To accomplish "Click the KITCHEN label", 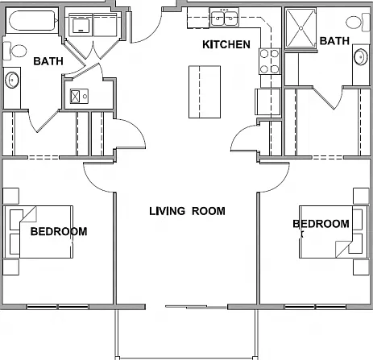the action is (x=226, y=44).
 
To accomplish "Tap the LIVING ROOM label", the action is (x=187, y=211).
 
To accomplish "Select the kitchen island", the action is (x=205, y=92).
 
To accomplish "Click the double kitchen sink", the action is (x=224, y=18).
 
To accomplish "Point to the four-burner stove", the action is (x=269, y=61).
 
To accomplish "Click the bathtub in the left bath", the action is (x=32, y=21).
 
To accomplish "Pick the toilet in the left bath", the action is (x=15, y=51).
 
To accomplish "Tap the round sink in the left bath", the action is (x=12, y=80).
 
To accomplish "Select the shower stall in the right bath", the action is (x=300, y=28).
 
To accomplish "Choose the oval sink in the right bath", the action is (x=361, y=56).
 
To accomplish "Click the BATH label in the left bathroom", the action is (x=48, y=61).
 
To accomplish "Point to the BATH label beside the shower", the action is (x=334, y=41).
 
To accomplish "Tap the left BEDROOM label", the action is (x=59, y=231).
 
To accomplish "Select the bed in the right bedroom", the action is (x=334, y=232).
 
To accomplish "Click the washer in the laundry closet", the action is (x=81, y=25).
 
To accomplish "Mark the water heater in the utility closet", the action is (x=79, y=96).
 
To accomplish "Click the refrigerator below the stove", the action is (x=267, y=101).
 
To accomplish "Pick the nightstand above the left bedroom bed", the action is (x=10, y=196).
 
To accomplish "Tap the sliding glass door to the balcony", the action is (x=196, y=307).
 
